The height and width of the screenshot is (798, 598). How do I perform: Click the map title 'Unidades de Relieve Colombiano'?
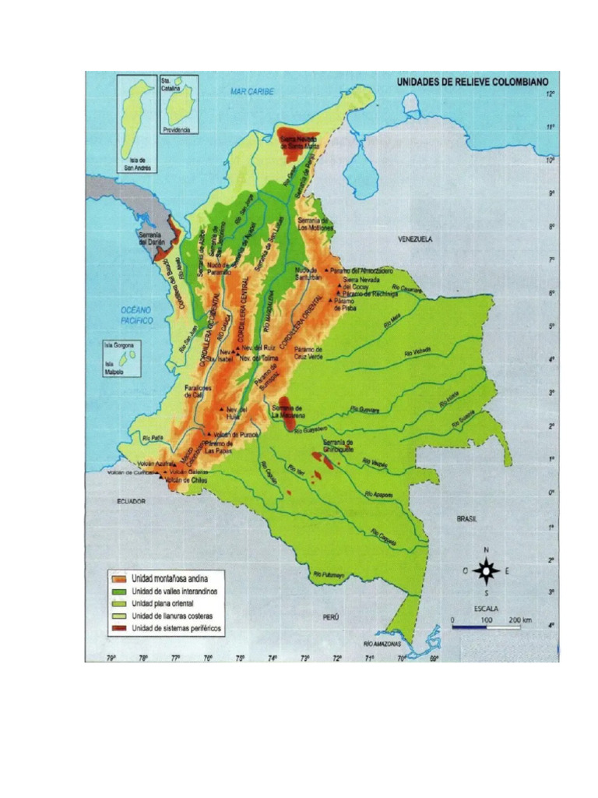pos(473,81)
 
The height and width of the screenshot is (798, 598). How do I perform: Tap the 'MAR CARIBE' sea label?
pos(252,91)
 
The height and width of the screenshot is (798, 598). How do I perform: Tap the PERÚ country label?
pos(333,616)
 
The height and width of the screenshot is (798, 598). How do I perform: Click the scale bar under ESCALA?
pos(484,627)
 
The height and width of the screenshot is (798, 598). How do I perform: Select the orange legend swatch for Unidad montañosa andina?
pos(118,578)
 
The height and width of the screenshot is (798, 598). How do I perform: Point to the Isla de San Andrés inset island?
pos(138,117)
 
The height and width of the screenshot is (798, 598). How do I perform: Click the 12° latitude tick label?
pos(550,94)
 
